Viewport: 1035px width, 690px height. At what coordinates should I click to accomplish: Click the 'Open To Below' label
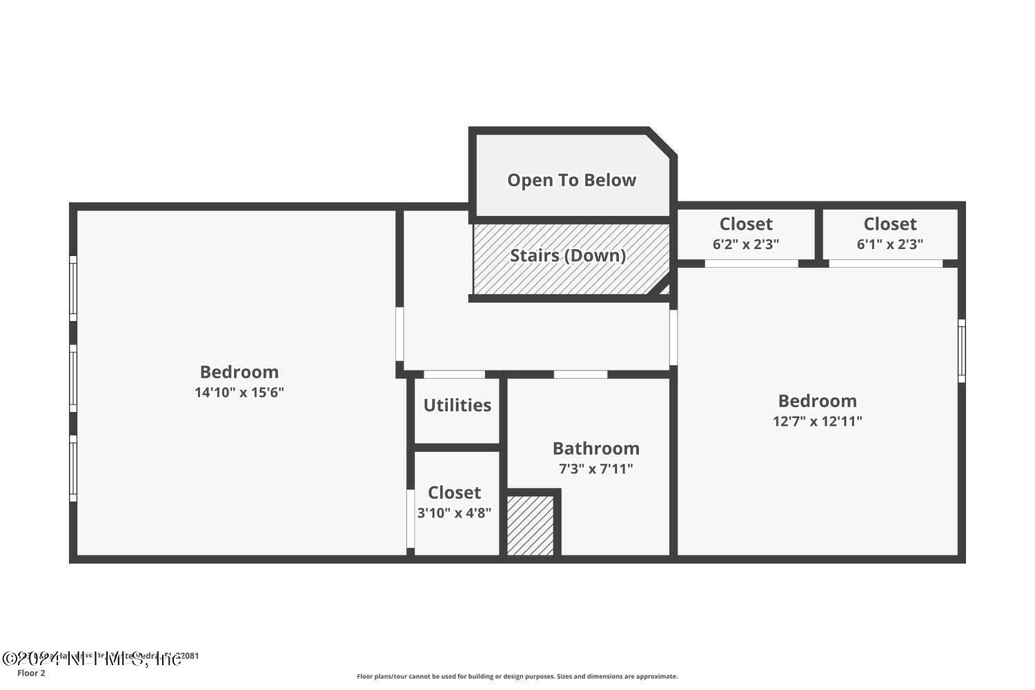pos(571,180)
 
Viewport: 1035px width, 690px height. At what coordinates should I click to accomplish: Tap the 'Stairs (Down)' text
pos(568,255)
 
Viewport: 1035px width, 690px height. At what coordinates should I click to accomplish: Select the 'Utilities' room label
pos(457,405)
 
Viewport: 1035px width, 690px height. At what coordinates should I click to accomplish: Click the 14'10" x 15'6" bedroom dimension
pos(239,393)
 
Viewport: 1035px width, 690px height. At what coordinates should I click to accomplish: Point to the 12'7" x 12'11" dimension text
pos(817,422)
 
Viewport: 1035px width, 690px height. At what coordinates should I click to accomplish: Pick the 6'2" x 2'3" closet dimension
pos(746,244)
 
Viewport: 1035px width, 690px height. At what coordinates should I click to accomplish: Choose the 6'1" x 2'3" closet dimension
pos(889,244)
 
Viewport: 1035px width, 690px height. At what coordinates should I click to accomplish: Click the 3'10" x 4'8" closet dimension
pos(454,513)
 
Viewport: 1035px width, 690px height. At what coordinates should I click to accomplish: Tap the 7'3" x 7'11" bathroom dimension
pos(595,469)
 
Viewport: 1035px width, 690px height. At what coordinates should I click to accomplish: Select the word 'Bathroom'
pos(595,448)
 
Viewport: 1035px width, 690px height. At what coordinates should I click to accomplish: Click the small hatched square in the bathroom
pos(531,525)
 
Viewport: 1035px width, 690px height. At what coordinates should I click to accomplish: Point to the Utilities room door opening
pos(454,374)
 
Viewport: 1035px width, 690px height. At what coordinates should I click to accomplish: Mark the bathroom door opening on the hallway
pos(580,374)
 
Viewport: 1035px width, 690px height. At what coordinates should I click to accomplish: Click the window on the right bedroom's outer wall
pos(962,351)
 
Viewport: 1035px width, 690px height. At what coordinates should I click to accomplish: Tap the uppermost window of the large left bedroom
pos(72,288)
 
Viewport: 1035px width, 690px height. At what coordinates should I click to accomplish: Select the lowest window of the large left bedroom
pos(72,468)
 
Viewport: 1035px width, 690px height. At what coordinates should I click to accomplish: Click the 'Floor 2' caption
pos(31,673)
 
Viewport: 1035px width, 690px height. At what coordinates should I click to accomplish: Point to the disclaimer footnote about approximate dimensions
pos(517,677)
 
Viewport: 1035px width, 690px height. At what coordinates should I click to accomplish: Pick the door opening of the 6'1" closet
pos(885,263)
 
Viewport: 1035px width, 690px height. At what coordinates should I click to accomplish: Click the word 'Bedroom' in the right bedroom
pos(817,401)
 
